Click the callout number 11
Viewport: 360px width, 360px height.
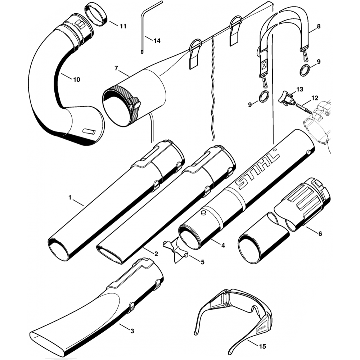(x=123, y=26)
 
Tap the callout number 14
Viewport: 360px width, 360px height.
(x=157, y=41)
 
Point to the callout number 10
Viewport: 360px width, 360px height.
(x=77, y=80)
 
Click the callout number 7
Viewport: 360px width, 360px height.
(x=116, y=68)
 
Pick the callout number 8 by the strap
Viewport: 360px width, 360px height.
(x=319, y=26)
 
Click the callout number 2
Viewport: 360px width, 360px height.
(x=156, y=253)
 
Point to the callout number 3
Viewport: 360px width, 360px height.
(x=132, y=331)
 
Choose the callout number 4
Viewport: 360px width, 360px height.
(x=223, y=246)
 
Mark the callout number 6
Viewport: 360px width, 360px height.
(x=320, y=233)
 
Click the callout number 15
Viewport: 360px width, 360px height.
(x=262, y=346)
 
